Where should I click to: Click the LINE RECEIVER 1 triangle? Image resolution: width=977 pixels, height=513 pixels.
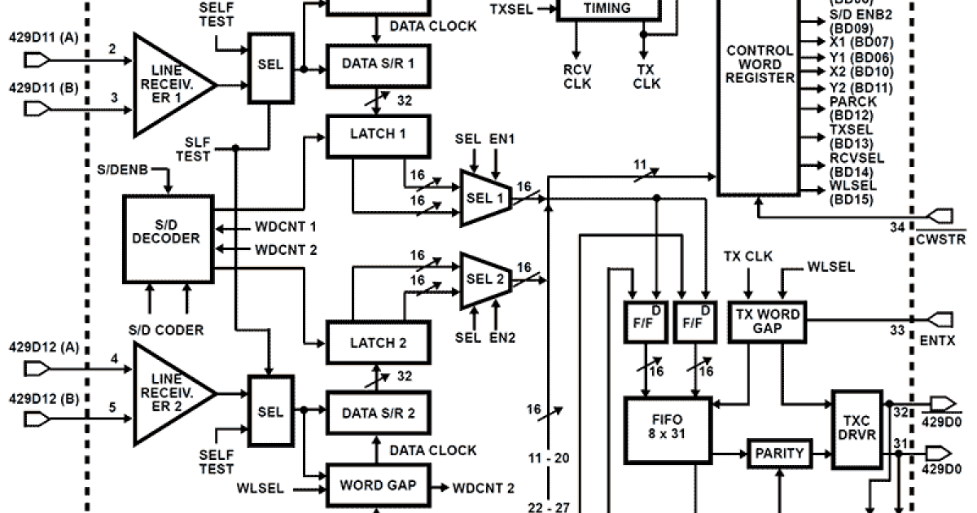pyautogui.click(x=167, y=84)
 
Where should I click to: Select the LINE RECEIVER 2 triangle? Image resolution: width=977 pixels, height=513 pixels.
pyautogui.click(x=167, y=392)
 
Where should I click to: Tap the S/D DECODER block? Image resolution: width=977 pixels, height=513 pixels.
pyautogui.click(x=167, y=236)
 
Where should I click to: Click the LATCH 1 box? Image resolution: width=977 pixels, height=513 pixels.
pyautogui.click(x=378, y=136)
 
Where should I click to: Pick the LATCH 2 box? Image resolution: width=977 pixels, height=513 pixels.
pyautogui.click(x=378, y=342)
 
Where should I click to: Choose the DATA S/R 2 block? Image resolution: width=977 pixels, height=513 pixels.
pyautogui.click(x=378, y=412)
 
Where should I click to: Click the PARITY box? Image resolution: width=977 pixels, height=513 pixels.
pyautogui.click(x=779, y=453)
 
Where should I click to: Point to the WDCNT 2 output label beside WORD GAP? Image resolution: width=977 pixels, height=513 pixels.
pyautogui.click(x=484, y=488)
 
